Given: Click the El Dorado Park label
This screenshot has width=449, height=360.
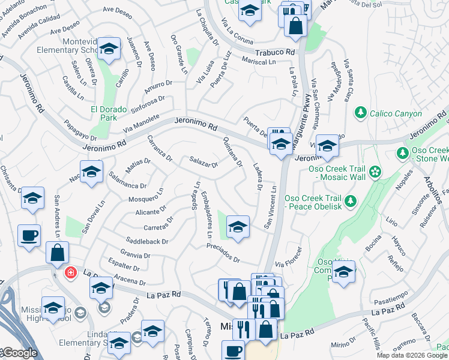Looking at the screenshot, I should [108, 113].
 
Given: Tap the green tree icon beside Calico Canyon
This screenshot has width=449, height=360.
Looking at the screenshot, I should [361, 112].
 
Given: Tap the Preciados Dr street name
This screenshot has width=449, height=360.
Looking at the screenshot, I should [223, 253].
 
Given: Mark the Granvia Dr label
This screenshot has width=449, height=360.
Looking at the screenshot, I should [135, 254].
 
